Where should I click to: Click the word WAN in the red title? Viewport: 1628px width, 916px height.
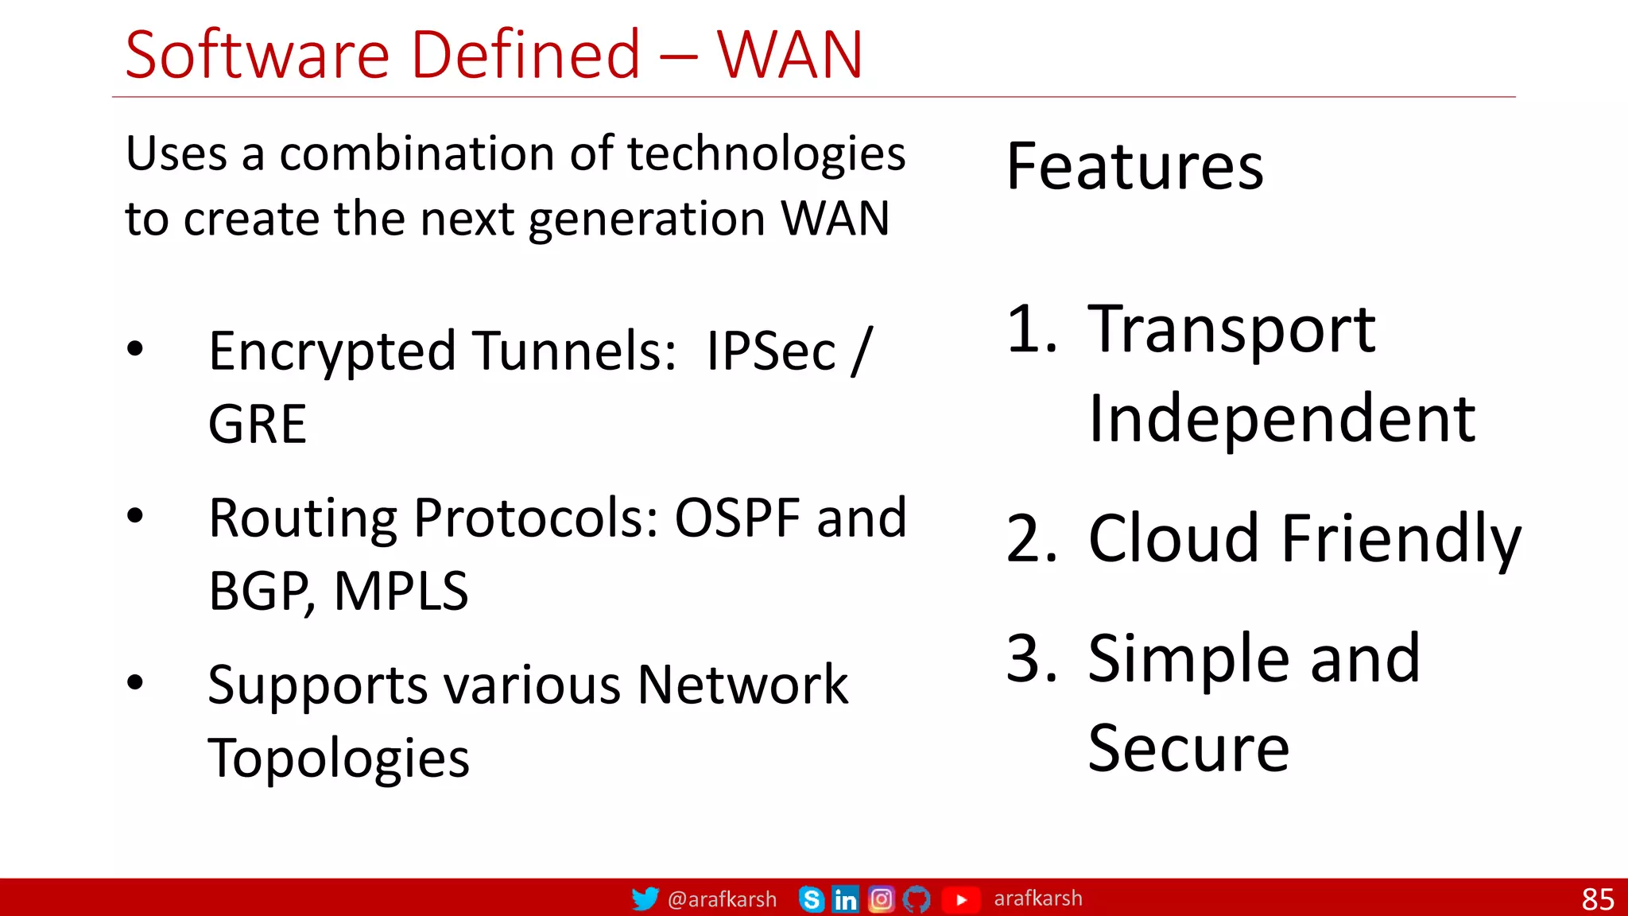coord(789,55)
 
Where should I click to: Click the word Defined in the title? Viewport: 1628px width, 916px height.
coord(525,55)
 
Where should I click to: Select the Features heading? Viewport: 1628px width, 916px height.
coord(1134,167)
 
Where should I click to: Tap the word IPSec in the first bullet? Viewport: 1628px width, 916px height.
coord(770,351)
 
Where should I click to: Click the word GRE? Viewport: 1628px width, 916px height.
coord(257,425)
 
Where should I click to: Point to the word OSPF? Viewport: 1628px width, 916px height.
coord(737,518)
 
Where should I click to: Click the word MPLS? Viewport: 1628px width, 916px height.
coord(401,592)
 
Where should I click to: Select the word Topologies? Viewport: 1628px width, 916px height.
coord(339,759)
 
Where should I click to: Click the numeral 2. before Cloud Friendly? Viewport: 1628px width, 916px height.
coord(1031,539)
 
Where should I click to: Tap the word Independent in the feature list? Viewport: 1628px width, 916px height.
coord(1281,419)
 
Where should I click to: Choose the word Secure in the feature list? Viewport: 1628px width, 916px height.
coord(1188,748)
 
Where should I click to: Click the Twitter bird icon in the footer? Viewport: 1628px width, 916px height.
coord(645,899)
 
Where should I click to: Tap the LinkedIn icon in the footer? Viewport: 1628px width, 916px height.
coord(845,899)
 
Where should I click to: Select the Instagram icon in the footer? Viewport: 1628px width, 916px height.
coord(881,899)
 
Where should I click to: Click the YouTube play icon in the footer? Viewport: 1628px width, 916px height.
coord(960,899)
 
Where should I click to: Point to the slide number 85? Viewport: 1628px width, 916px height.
coord(1597,899)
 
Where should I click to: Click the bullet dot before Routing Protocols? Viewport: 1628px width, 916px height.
coord(135,516)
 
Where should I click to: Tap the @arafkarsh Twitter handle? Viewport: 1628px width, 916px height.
coord(722,899)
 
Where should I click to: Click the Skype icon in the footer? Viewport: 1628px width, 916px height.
coord(811,899)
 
